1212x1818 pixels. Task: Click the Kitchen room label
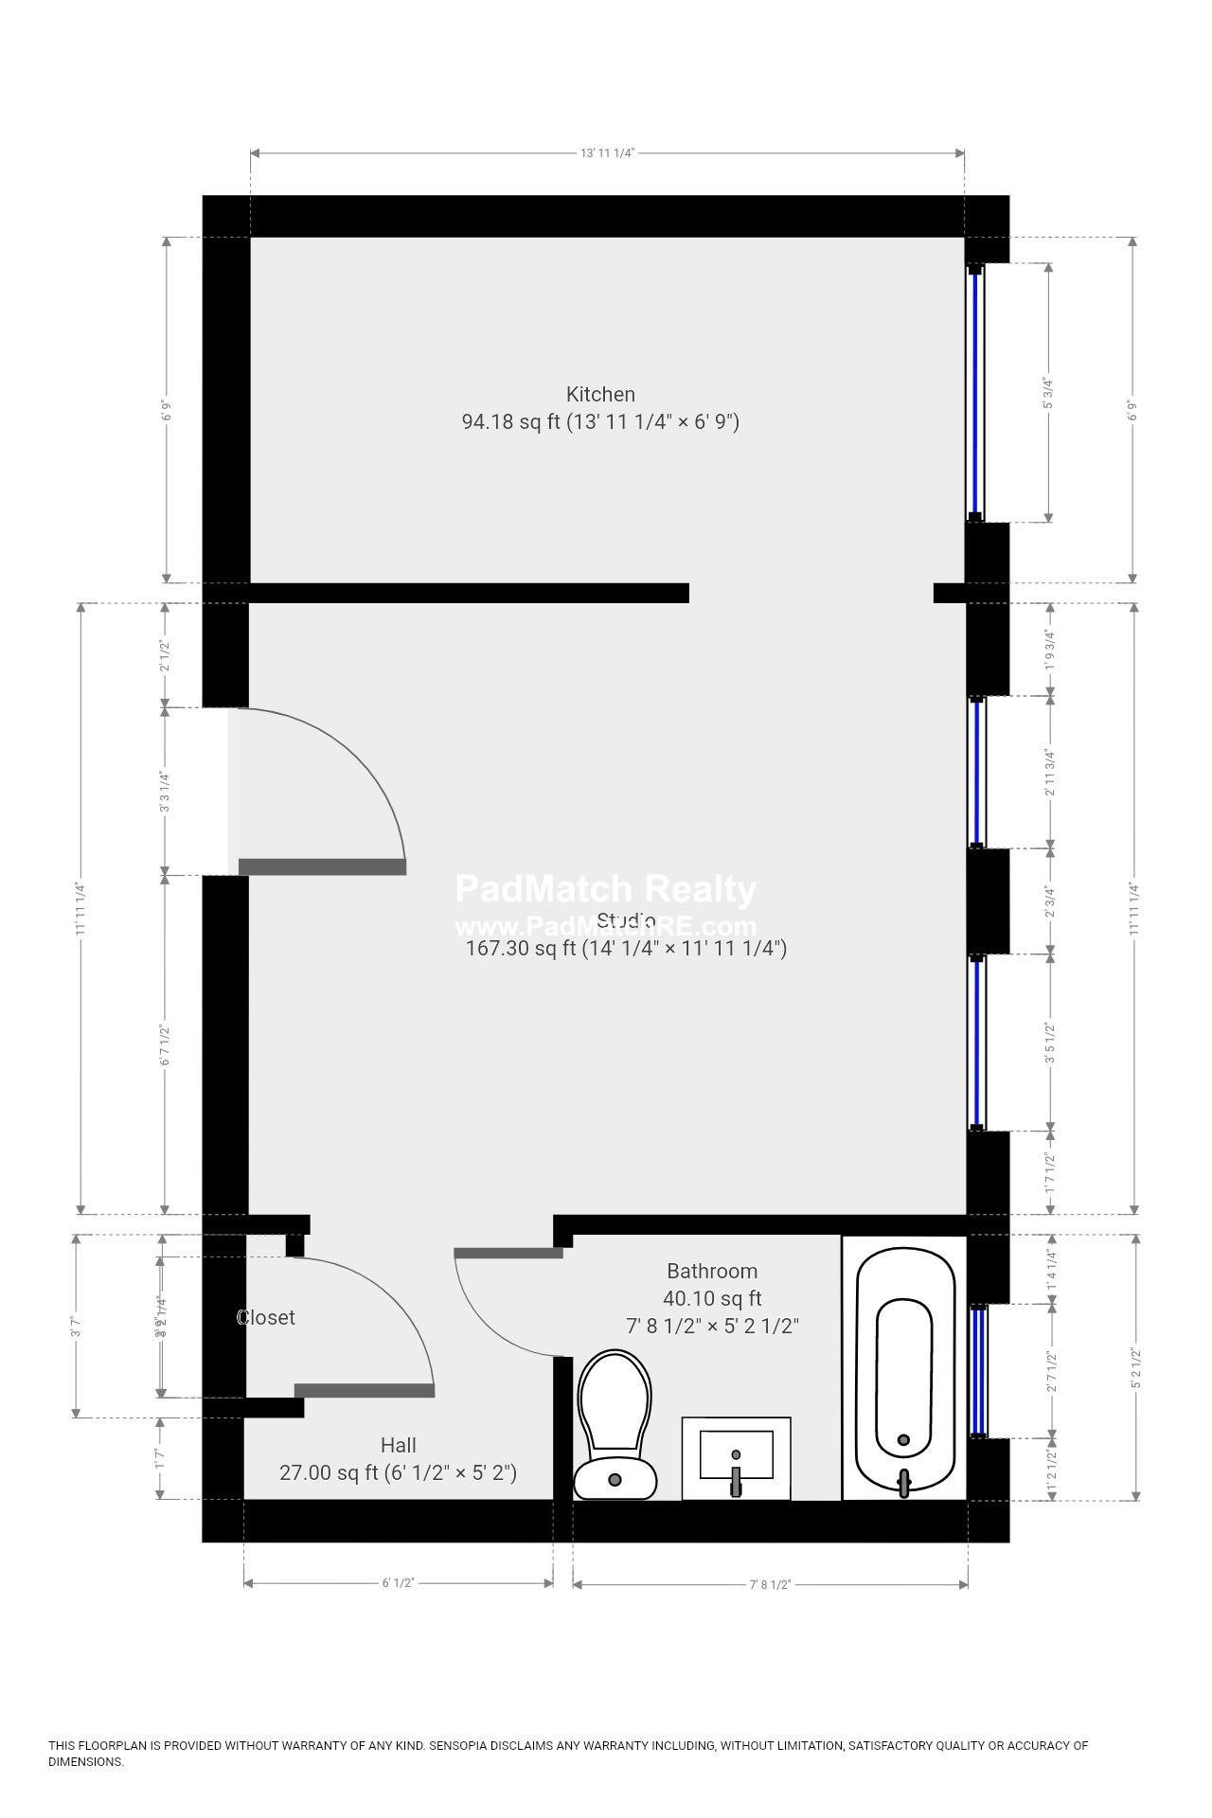(600, 394)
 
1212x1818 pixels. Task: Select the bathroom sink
(736, 1457)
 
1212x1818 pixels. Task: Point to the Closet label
(266, 1317)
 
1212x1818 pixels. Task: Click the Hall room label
(398, 1445)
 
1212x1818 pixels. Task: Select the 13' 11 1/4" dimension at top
(607, 152)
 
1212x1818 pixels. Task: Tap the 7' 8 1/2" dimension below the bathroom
(770, 1584)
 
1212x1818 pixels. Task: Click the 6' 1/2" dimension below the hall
(399, 1583)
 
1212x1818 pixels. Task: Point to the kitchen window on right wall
(975, 393)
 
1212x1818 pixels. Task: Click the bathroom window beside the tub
(978, 1370)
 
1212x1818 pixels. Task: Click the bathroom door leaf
(508, 1253)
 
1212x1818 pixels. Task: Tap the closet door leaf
(365, 1390)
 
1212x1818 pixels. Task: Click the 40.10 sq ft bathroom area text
(712, 1298)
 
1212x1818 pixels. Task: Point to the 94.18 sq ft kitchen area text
(511, 422)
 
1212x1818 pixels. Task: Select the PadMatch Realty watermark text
(606, 889)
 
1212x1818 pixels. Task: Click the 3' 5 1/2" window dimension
(1049, 1043)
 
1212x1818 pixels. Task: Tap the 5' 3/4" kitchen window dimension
(1048, 393)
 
